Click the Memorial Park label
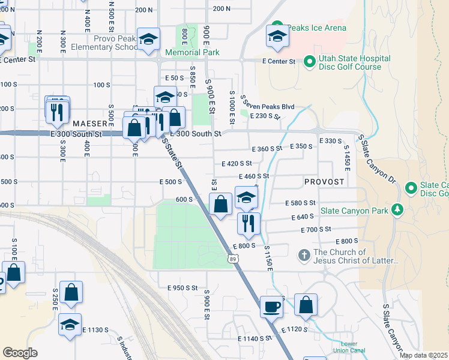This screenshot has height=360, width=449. tap(192, 53)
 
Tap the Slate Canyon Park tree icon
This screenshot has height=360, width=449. tap(396, 209)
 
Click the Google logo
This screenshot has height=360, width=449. tap(20, 352)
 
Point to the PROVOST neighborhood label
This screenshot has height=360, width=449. tap(324, 181)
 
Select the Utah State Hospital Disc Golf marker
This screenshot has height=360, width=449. tap(310, 61)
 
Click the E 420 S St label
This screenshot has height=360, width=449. tap(237, 163)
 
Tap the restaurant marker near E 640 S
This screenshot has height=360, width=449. tap(249, 223)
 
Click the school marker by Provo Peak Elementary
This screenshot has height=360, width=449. tap(148, 40)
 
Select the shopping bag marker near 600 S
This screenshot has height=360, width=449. tap(221, 204)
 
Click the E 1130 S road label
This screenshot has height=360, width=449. tap(95, 330)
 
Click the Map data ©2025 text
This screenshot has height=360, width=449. tap(424, 356)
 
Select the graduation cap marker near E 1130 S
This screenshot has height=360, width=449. tap(70, 324)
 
